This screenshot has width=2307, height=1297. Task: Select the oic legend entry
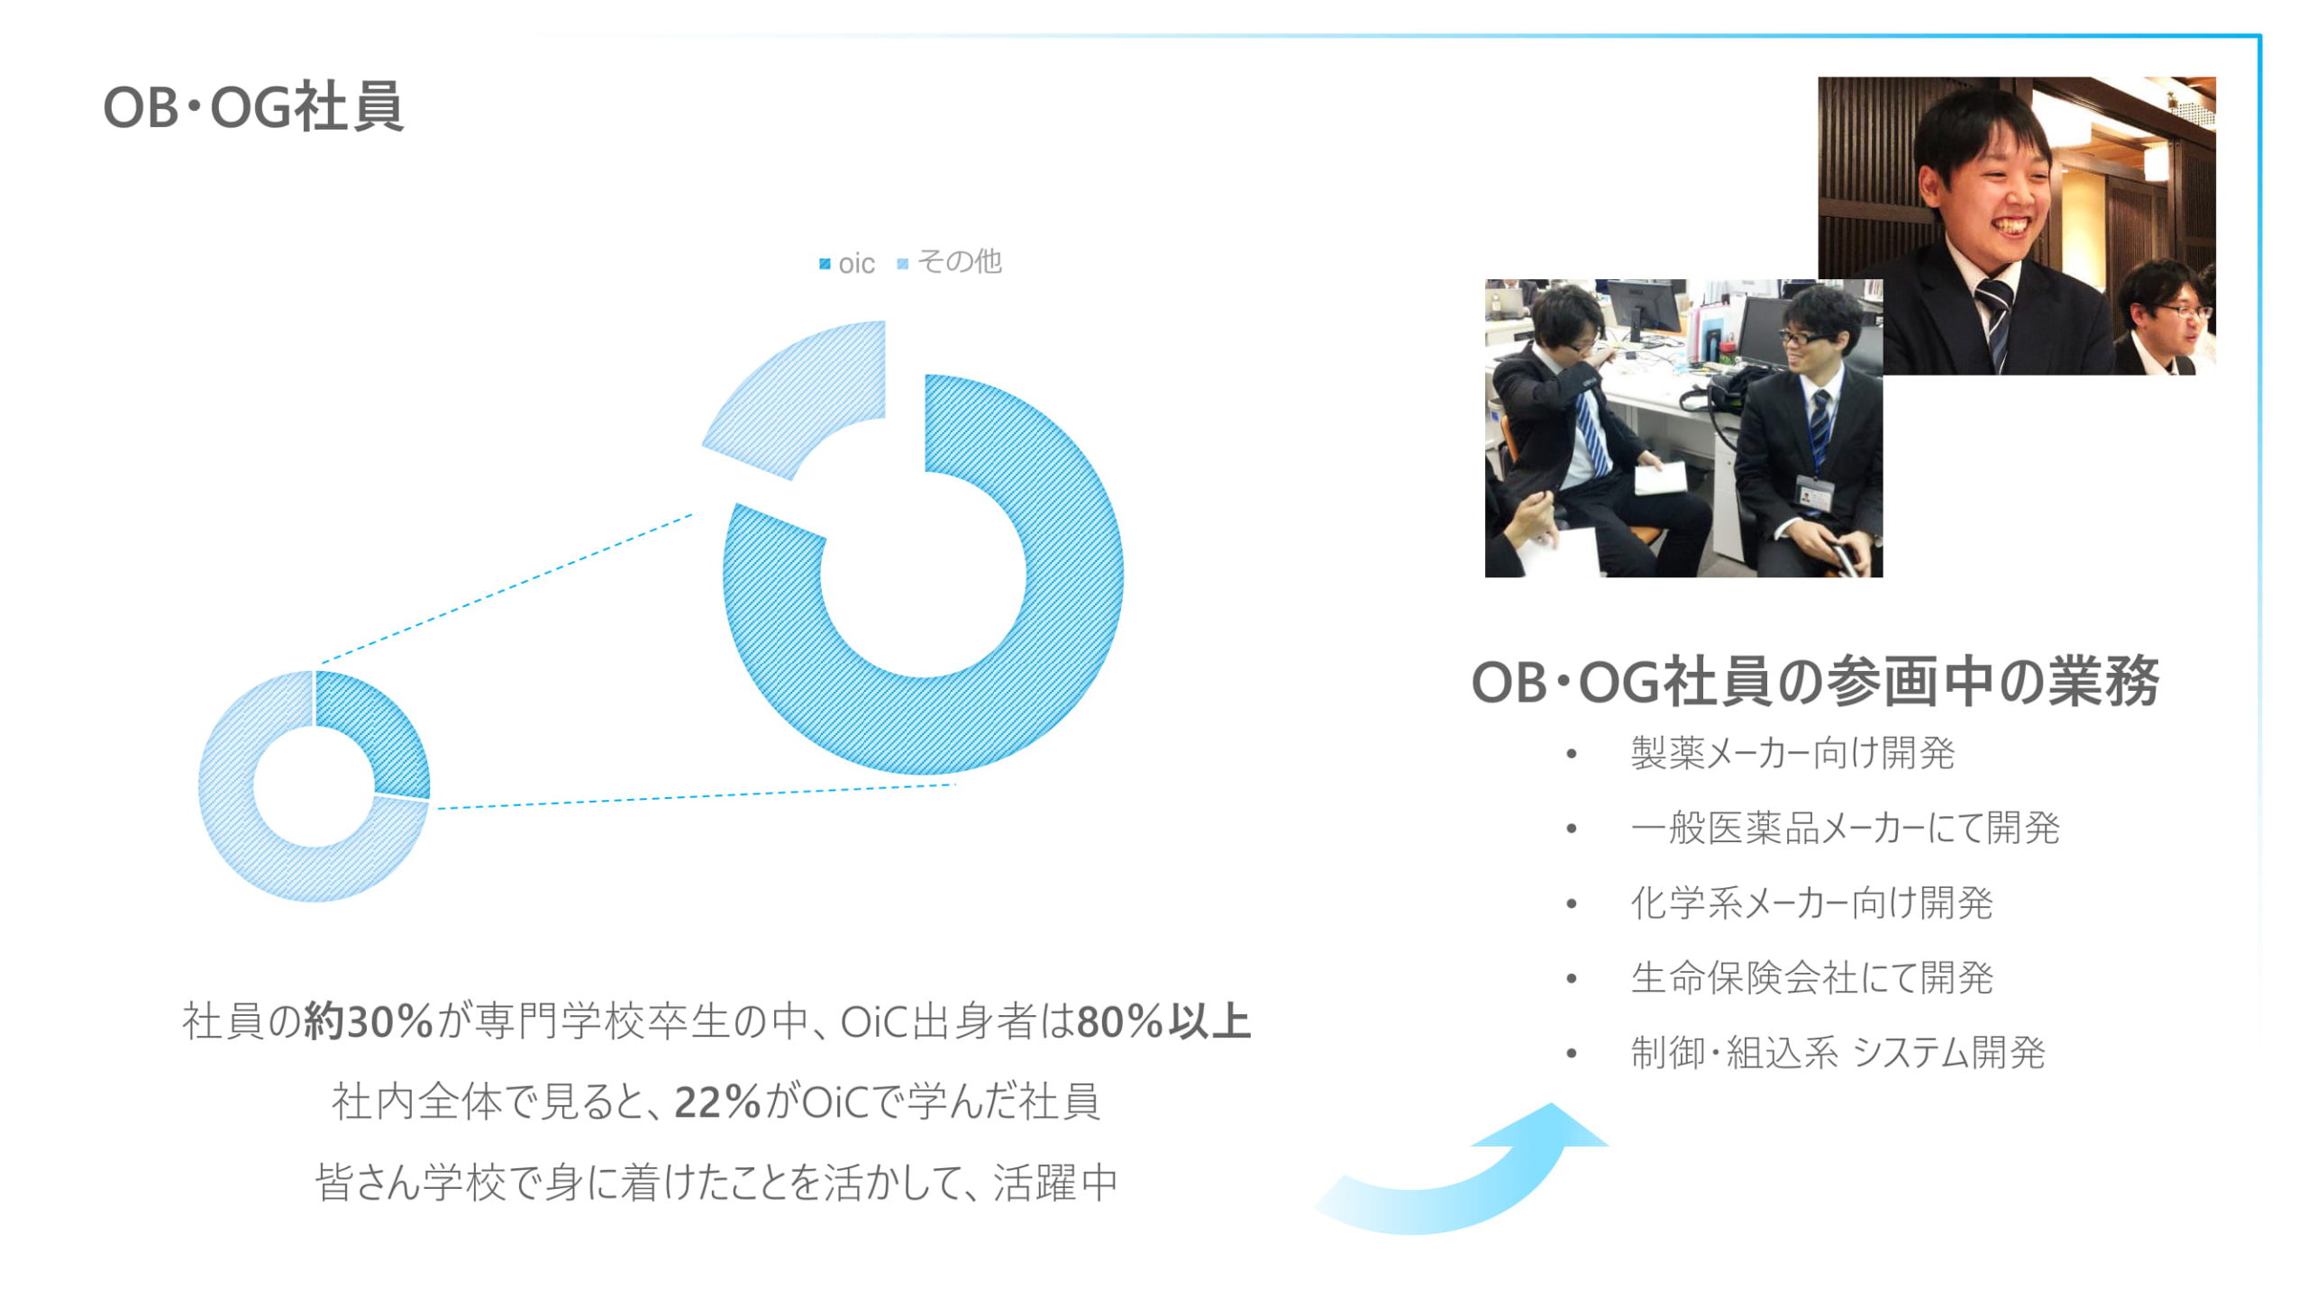tap(847, 263)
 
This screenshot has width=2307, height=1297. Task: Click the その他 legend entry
tap(950, 261)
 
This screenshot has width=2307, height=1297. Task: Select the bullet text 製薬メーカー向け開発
tap(1792, 753)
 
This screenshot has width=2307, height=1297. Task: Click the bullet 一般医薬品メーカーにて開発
tap(1845, 828)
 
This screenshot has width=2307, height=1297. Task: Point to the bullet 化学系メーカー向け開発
tap(1811, 902)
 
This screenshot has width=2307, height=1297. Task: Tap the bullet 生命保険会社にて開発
tap(1811, 977)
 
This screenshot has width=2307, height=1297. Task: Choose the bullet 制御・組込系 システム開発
tap(1837, 1052)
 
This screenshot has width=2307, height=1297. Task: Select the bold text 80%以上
tap(1163, 1021)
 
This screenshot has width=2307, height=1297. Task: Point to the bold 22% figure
tap(717, 1102)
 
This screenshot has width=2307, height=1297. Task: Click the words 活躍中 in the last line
tap(1055, 1182)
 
